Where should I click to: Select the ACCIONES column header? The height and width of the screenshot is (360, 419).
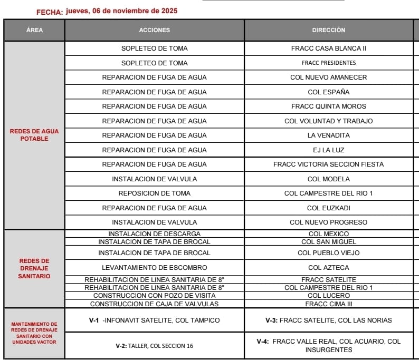154,30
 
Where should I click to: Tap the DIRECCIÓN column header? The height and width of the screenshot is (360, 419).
328,30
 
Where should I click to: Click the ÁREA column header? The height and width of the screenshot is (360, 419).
34,30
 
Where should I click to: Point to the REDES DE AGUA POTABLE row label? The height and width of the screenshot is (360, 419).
34,135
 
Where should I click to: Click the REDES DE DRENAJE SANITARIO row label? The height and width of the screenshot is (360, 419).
34,268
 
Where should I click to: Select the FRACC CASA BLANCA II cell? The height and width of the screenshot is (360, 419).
328,48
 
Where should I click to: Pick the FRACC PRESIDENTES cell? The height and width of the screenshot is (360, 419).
328,63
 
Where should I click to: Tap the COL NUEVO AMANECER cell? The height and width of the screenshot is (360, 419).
328,77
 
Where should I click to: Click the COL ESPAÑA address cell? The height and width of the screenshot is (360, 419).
328,92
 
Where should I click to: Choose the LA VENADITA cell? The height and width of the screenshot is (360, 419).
328,135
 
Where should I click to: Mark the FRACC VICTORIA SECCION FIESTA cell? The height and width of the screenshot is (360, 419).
328,164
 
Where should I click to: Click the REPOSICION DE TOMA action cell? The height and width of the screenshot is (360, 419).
154,193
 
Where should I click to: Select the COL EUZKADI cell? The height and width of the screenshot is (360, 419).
328,208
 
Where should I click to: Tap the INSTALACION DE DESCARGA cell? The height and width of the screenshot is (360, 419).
154,233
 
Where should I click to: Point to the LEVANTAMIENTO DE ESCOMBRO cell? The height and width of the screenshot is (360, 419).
154,268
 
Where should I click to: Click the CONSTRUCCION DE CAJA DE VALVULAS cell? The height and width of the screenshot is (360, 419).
154,304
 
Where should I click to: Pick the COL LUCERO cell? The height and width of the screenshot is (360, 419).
328,296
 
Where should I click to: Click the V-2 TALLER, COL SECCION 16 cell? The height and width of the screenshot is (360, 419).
154,346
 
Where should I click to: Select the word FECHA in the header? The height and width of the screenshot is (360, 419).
50,12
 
